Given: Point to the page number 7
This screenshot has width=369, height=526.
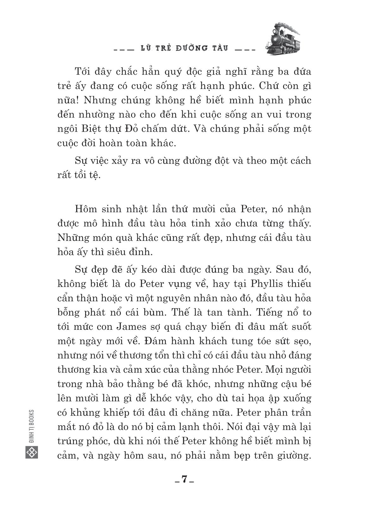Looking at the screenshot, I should click(184, 479).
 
